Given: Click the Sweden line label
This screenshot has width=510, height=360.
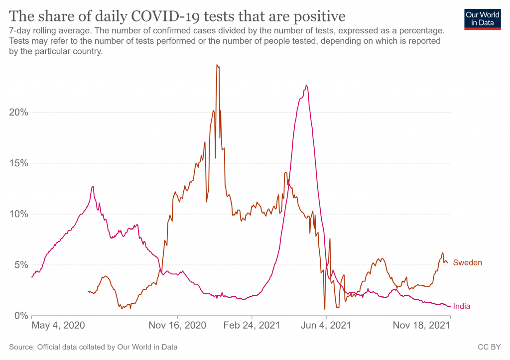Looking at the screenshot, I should point(467,263).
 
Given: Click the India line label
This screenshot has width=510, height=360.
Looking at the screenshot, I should point(462,307).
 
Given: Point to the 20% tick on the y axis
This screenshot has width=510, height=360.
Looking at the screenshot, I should point(18,112).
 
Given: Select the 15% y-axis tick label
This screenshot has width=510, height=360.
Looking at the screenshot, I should point(18,163).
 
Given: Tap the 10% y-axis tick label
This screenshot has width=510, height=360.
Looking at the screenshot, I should point(18,214).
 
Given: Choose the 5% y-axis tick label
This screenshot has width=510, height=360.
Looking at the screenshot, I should point(20,265).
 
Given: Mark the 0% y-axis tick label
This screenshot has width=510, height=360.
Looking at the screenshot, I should point(20,316).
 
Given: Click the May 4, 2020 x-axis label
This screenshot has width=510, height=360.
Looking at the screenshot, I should point(58,326).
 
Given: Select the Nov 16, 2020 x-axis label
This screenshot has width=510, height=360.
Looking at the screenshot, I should point(177,326).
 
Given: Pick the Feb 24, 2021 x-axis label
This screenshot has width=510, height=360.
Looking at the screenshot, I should point(252,326).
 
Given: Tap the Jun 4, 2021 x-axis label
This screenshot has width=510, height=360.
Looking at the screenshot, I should point(326,326).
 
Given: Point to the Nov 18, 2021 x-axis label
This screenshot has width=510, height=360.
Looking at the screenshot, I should point(422,326).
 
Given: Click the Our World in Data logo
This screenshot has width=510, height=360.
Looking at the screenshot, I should point(482,19).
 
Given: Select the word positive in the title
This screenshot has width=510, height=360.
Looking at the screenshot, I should point(319,16).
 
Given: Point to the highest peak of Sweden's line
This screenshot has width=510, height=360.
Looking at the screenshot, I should point(217,65).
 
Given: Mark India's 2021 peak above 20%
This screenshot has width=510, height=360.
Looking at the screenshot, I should point(306,85).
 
